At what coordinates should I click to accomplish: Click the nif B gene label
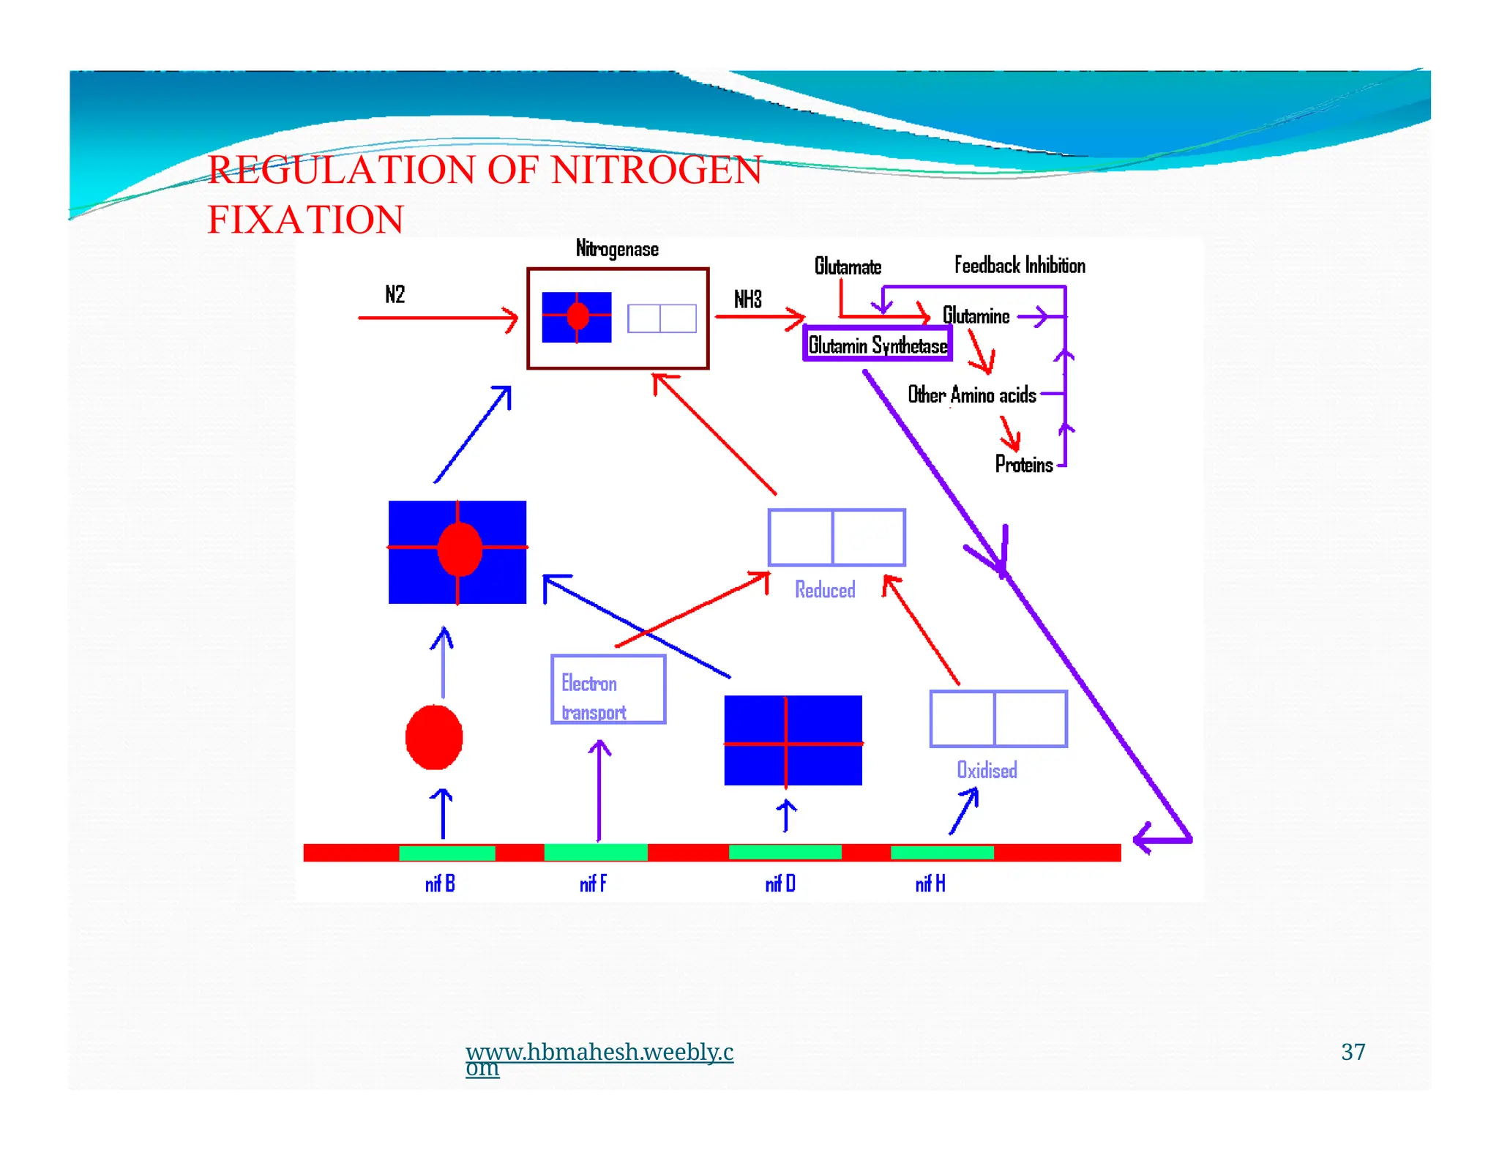(440, 884)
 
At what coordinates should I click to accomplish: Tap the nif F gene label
(592, 884)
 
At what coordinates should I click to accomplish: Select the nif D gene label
(780, 884)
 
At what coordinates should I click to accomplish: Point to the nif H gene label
(930, 884)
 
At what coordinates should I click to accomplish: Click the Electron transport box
(608, 690)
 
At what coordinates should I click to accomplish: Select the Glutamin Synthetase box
(877, 344)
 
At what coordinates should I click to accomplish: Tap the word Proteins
(1023, 464)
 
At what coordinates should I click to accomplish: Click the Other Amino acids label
(971, 395)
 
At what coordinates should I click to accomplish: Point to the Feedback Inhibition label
(1019, 265)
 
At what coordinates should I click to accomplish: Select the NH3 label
(747, 299)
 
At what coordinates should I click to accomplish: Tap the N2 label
(395, 294)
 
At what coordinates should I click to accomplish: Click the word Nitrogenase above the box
(616, 249)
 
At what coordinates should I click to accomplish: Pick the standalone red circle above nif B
(434, 737)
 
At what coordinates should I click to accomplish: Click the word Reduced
(824, 590)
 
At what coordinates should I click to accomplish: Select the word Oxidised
(986, 770)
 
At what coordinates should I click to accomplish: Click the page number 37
(1353, 1052)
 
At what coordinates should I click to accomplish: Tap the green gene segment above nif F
(595, 852)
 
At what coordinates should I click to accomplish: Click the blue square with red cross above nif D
(793, 740)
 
